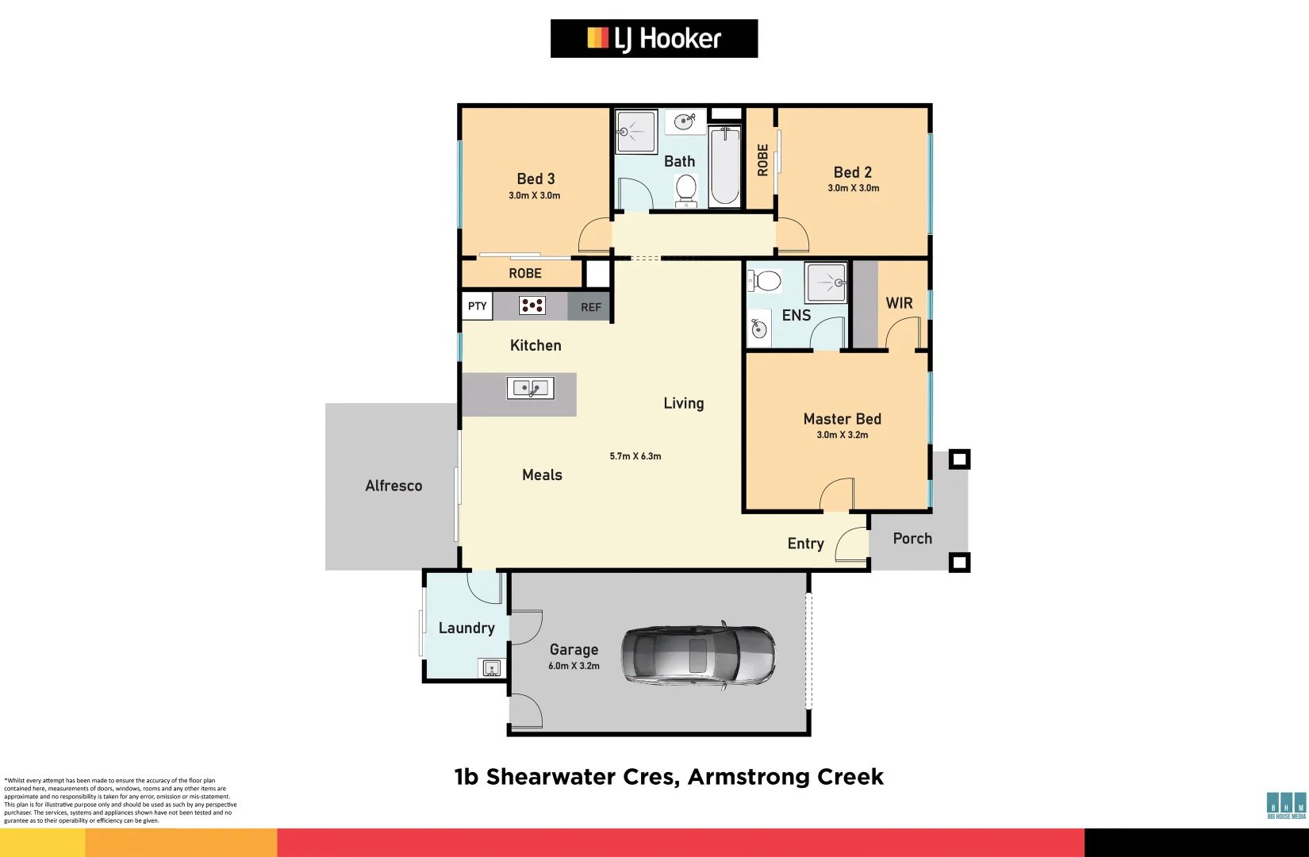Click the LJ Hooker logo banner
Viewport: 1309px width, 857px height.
(x=654, y=38)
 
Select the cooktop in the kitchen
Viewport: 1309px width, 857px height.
(x=532, y=306)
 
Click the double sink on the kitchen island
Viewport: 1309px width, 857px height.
(x=530, y=388)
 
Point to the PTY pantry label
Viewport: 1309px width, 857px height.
(x=477, y=306)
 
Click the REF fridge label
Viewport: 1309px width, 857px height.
(x=590, y=307)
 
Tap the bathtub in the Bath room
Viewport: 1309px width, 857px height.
(x=724, y=167)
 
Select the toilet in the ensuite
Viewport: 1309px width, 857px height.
(x=765, y=281)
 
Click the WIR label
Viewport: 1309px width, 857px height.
(x=899, y=303)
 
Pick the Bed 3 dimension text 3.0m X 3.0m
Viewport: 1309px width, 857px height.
(x=534, y=195)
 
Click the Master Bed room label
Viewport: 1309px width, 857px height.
(x=842, y=419)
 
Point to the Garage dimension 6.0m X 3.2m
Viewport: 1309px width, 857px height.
(x=574, y=666)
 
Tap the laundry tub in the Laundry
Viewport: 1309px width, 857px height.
(x=491, y=667)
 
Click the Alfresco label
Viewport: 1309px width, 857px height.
(x=393, y=486)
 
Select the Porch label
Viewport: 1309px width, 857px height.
(x=912, y=538)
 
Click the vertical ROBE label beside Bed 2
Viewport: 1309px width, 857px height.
(x=762, y=159)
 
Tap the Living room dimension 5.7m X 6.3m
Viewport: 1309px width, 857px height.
(x=635, y=456)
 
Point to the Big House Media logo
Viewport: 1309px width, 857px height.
(x=1285, y=805)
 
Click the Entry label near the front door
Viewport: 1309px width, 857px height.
(x=805, y=544)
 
